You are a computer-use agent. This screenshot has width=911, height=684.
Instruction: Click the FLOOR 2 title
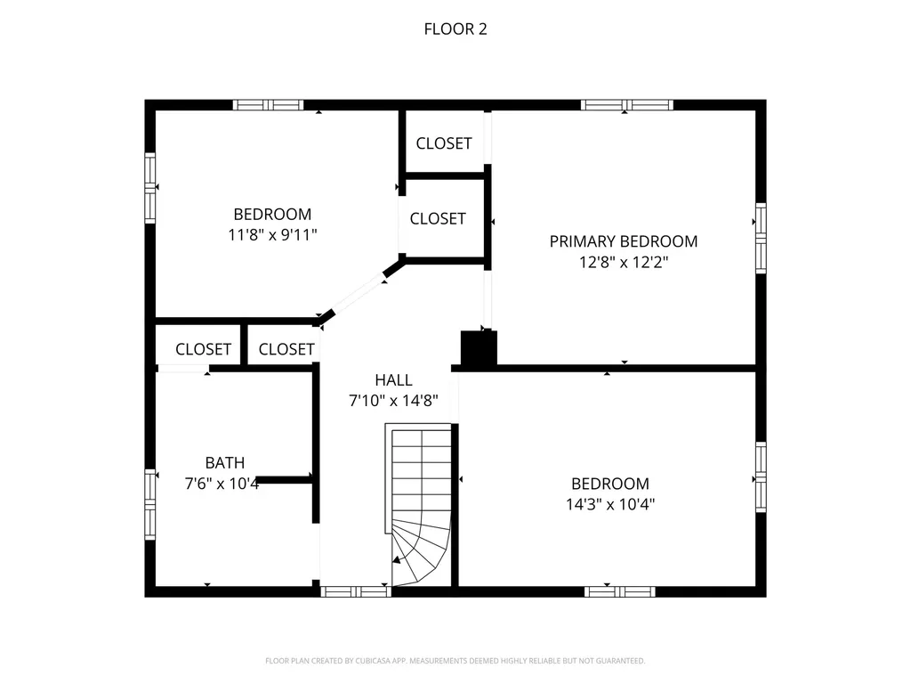pos(455,29)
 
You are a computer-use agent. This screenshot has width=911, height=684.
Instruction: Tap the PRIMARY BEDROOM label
pos(623,241)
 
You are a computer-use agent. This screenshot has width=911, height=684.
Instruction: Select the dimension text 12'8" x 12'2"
pos(623,263)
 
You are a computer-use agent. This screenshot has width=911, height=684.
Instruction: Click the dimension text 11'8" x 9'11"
pos(272,235)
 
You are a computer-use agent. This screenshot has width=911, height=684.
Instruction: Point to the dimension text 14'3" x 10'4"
pos(609,504)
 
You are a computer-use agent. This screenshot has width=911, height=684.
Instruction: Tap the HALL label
pos(392,379)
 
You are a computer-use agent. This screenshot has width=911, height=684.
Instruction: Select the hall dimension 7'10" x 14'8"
pos(392,401)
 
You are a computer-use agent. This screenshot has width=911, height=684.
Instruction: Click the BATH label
pos(224,463)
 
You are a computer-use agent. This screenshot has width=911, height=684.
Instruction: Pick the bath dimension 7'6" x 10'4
pos(221,484)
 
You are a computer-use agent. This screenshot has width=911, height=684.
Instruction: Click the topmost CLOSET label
pos(443,143)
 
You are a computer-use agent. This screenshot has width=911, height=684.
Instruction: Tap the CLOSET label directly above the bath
pos(203,349)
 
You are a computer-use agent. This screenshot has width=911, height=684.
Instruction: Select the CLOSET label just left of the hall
pos(286,349)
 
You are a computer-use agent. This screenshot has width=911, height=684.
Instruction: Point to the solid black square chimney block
pos(478,348)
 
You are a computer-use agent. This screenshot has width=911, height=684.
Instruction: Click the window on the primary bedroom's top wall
pos(626,105)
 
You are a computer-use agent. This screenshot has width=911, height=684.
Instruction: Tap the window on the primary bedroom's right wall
pos(761,237)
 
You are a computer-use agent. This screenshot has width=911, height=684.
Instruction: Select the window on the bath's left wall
pos(150,504)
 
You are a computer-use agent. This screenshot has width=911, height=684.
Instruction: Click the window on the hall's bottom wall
pos(355,590)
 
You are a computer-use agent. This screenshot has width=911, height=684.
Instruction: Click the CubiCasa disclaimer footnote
pos(455,661)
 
